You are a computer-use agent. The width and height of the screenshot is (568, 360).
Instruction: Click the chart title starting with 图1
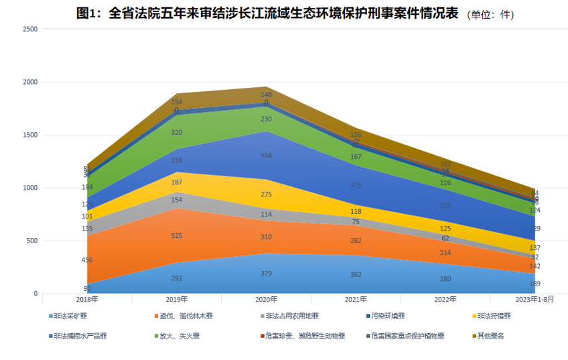point(267,13)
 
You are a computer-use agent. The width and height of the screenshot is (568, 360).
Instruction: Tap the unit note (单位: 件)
point(495,14)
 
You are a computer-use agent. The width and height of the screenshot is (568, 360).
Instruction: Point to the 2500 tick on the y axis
point(30,29)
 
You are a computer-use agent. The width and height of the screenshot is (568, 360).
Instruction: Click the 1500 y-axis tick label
point(30,135)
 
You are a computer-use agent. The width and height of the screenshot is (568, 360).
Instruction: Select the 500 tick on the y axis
point(32,241)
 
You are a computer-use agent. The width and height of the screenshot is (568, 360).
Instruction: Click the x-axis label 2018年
point(86,300)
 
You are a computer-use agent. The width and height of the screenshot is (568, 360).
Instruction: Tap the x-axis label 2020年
point(267,300)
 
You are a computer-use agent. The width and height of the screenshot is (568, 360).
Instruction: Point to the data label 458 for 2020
point(267,156)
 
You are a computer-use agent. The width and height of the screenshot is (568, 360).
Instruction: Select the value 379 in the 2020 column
point(267,273)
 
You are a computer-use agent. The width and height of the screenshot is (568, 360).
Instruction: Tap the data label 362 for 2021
point(356,274)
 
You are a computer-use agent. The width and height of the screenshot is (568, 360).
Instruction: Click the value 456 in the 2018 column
point(87,260)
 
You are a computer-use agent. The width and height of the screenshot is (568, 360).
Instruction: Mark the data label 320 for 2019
point(177,133)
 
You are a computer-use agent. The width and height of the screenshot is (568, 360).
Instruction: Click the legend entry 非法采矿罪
point(70,315)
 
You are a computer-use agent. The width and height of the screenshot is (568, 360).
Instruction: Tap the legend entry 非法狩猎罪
point(494,315)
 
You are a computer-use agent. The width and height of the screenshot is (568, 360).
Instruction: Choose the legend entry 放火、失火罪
point(177,335)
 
